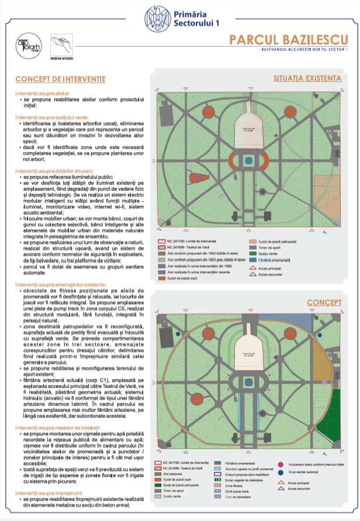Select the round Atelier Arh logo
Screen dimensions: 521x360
point(27,46)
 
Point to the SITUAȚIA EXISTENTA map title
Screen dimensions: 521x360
point(307,78)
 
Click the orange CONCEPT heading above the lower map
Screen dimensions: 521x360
point(324,302)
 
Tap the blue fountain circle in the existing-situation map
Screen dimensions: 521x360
point(249,160)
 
